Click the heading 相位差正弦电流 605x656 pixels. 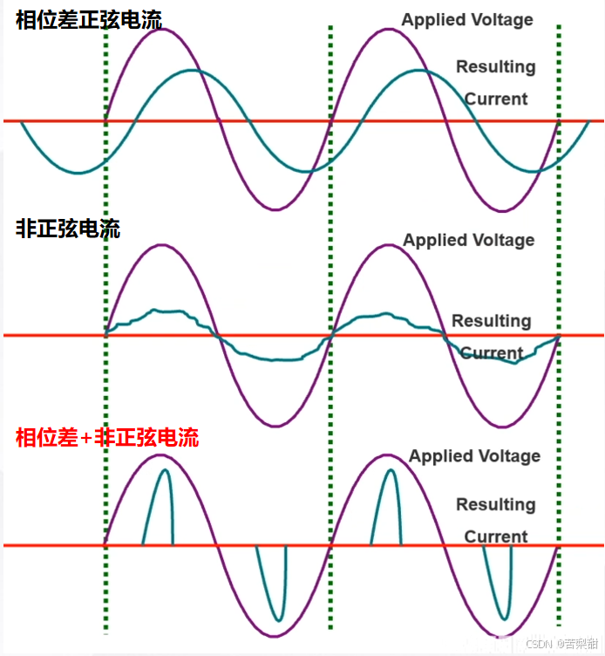pyautogui.click(x=88, y=19)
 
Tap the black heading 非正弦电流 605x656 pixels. pyautogui.click(x=68, y=229)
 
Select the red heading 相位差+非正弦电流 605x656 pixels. pyautogui.click(x=107, y=436)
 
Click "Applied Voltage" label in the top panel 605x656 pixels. pyautogui.click(x=467, y=19)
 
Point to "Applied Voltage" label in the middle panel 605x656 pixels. pyautogui.click(x=468, y=240)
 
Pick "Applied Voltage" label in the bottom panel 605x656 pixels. pyautogui.click(x=474, y=455)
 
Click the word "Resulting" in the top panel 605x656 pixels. pyautogui.click(x=495, y=66)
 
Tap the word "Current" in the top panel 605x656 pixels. pyautogui.click(x=495, y=99)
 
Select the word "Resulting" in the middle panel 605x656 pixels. pyautogui.click(x=491, y=321)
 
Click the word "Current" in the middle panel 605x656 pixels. pyautogui.click(x=491, y=353)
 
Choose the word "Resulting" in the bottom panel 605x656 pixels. pyautogui.click(x=495, y=504)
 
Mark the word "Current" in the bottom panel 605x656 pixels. pyautogui.click(x=495, y=536)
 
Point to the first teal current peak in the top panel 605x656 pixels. pyautogui.click(x=192, y=70)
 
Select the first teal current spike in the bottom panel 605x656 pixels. pyautogui.click(x=165, y=471)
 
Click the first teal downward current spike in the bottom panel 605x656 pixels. pyautogui.click(x=278, y=619)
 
